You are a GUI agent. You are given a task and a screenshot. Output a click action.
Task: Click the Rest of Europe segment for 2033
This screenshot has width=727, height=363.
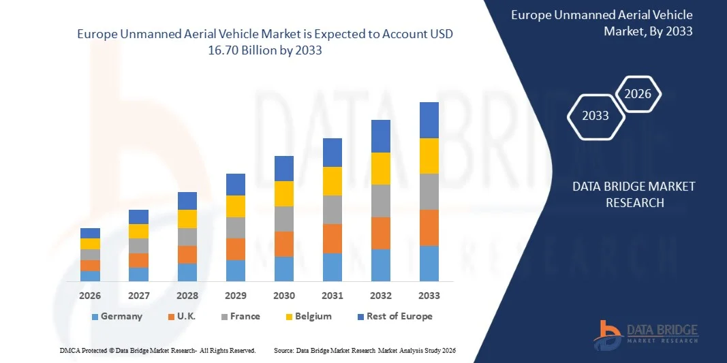[x=429, y=120]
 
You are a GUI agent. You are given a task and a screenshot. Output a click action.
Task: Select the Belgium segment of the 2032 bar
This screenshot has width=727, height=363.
[x=381, y=168]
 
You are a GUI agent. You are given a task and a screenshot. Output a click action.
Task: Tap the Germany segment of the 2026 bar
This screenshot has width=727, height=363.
[x=90, y=276]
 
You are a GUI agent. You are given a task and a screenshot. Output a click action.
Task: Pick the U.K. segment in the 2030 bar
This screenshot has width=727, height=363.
[x=284, y=244]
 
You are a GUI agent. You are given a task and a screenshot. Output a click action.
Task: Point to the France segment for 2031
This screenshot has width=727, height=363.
[x=332, y=210]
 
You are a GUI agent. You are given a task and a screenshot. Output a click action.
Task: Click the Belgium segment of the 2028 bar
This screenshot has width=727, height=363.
[x=187, y=219]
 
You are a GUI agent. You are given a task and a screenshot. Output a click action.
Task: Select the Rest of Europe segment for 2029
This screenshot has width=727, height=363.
[x=236, y=185]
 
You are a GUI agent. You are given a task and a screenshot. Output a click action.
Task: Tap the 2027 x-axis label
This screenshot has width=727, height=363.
[x=138, y=296]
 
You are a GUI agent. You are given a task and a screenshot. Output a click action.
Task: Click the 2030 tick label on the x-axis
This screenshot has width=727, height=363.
[x=284, y=296]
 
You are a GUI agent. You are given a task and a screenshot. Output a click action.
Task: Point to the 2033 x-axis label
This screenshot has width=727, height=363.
[x=429, y=296]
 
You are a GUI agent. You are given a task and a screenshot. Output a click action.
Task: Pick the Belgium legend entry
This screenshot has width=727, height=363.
[x=308, y=316]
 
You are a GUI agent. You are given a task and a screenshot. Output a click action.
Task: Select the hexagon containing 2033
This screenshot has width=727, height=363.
[x=595, y=116]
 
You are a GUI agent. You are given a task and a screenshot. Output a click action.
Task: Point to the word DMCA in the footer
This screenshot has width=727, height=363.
[x=70, y=350]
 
